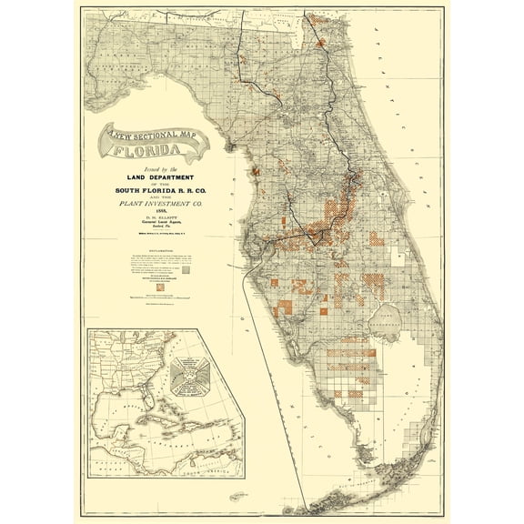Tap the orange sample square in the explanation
coord(161,287)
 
